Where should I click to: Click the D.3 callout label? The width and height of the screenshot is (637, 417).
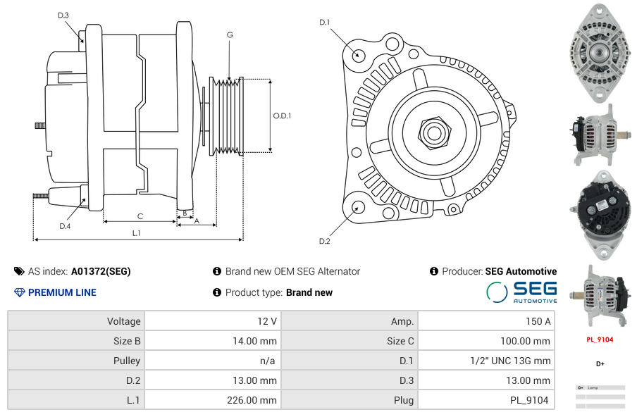(x=63, y=15)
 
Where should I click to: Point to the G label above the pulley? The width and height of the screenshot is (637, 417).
(x=230, y=35)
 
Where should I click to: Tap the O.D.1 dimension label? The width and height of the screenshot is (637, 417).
(x=282, y=116)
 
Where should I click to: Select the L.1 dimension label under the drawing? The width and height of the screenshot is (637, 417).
(x=137, y=232)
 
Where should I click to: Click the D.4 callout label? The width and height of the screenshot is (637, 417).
(x=65, y=226)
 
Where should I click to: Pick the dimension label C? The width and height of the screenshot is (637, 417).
(x=140, y=216)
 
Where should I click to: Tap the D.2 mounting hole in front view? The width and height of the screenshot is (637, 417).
(x=358, y=207)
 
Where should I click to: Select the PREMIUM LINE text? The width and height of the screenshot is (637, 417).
(x=62, y=292)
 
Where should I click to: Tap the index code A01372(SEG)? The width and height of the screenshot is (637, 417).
(x=101, y=271)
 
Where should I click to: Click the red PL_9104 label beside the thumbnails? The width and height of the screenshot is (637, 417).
(x=600, y=340)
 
